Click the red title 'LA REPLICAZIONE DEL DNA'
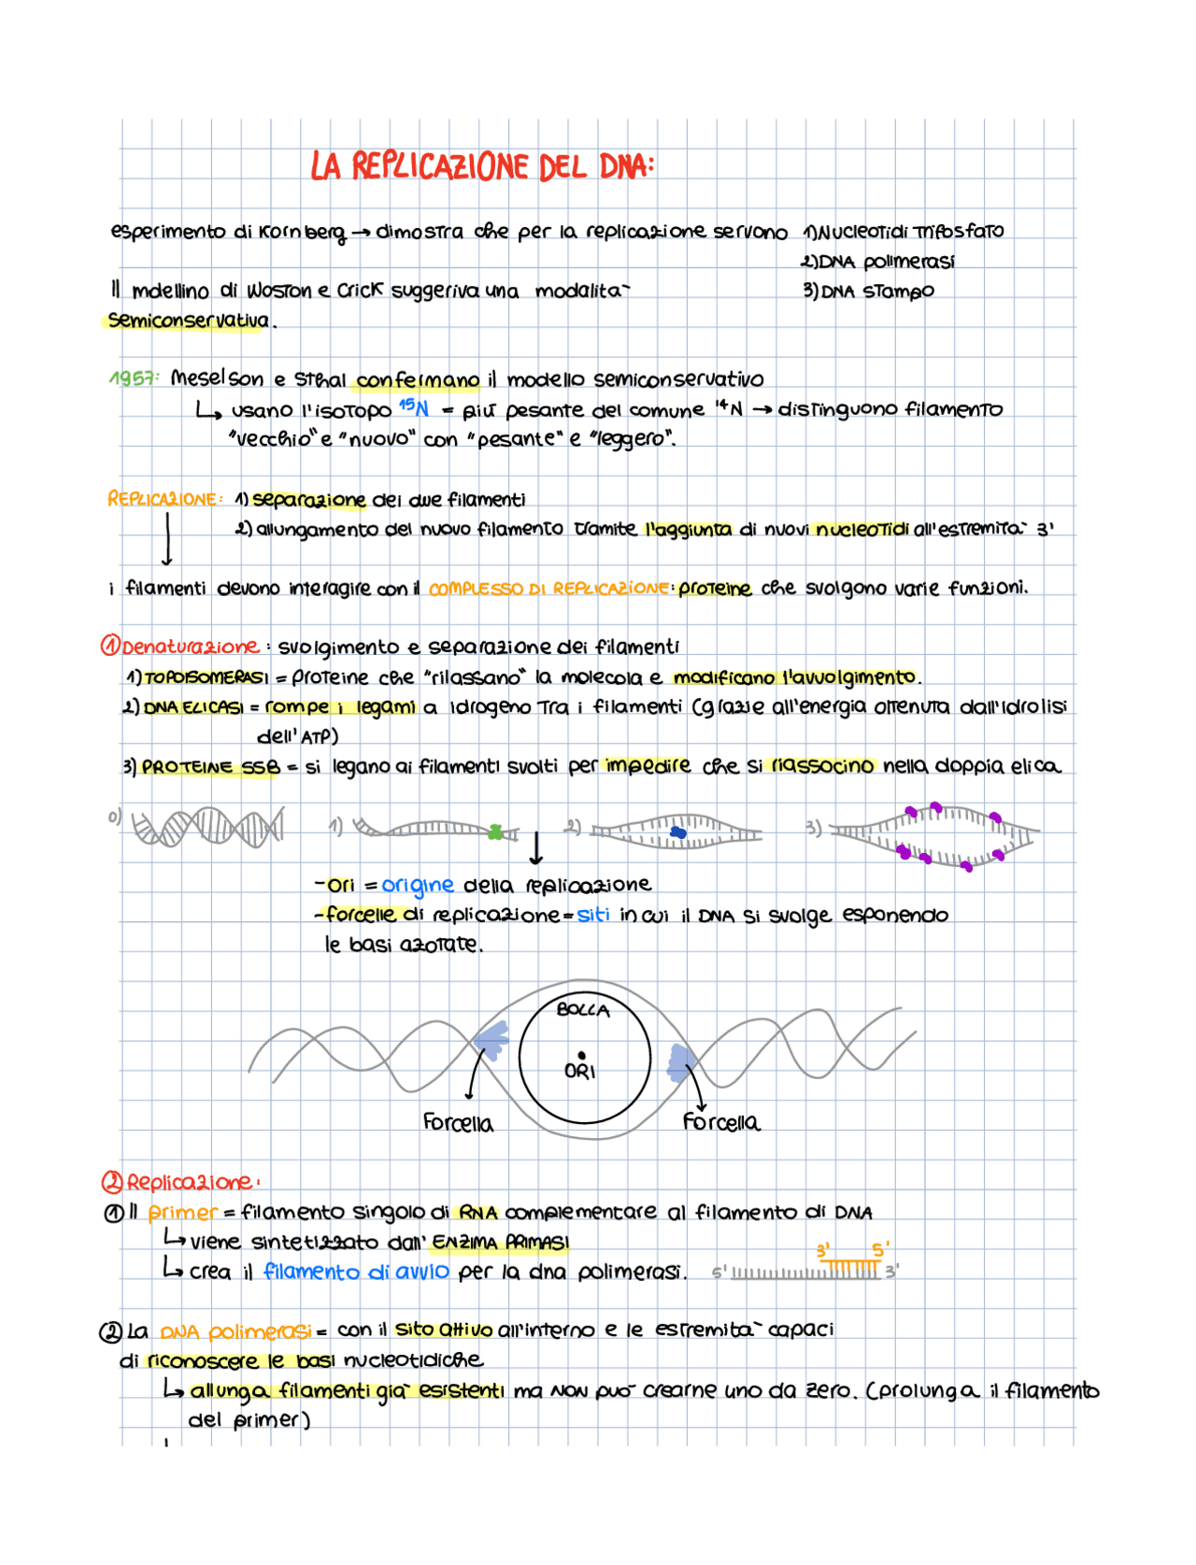click(x=481, y=167)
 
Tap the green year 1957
click(x=133, y=378)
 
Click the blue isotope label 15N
click(x=413, y=407)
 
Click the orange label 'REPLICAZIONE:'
click(x=164, y=500)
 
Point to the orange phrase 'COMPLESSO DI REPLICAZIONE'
click(x=548, y=589)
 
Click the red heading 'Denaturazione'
click(x=189, y=647)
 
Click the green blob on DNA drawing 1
click(x=496, y=831)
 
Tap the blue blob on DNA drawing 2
click(x=678, y=832)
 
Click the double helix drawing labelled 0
click(x=207, y=828)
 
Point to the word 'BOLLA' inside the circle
click(x=583, y=1010)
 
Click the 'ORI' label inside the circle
click(x=580, y=1071)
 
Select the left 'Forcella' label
click(x=458, y=1123)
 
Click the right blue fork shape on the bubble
click(x=681, y=1062)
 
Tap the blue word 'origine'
click(x=418, y=885)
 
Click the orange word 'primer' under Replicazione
click(x=182, y=1213)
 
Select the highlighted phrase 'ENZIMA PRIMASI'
click(x=501, y=1243)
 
